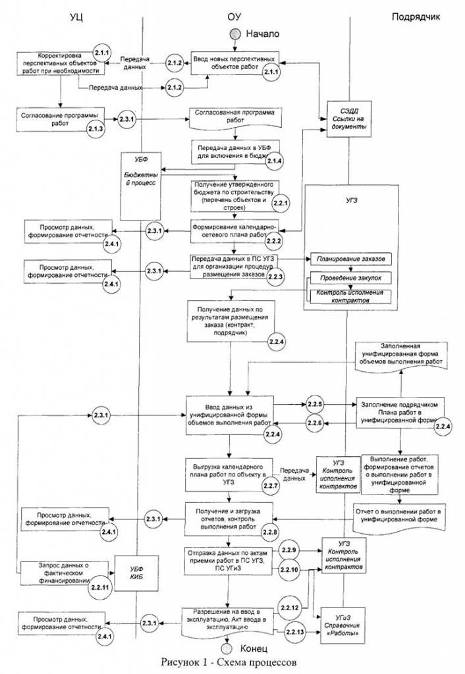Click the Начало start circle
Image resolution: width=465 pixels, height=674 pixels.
236,33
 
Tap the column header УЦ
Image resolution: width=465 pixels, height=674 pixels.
78,15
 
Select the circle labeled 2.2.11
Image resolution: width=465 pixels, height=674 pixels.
99,586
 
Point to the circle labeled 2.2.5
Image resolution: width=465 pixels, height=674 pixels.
314,403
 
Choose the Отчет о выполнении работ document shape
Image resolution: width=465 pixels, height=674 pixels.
401,515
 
